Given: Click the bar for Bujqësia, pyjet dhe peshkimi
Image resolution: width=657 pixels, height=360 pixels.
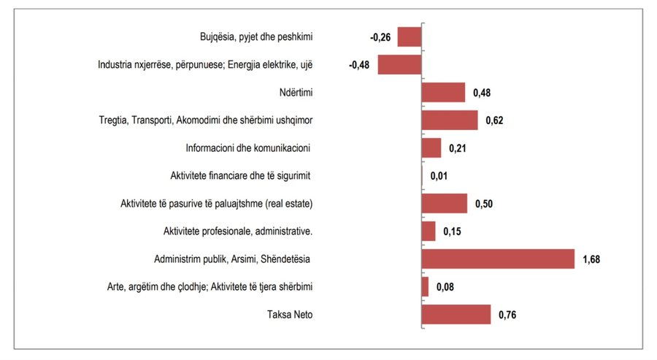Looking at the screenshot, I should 410,37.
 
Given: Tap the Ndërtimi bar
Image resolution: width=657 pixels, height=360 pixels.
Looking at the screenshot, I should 443,93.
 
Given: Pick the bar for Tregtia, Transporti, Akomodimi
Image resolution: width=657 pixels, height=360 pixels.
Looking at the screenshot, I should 450,120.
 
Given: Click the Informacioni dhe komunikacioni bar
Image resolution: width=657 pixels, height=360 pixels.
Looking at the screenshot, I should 431,148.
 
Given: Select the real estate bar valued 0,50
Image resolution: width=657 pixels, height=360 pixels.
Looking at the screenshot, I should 445,204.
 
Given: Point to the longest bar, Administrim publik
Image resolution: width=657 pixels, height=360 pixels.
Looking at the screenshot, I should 499,259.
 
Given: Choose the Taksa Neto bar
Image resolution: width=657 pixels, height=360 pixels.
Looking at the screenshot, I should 456,315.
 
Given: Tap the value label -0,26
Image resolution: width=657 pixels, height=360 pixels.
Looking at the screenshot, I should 381,37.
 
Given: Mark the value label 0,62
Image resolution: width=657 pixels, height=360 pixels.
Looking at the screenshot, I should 494,120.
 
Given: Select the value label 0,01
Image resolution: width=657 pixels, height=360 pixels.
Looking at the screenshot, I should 439,176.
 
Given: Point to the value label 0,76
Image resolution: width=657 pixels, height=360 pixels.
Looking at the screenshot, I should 507,315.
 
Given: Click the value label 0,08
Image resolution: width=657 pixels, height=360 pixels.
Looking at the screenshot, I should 445,287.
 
